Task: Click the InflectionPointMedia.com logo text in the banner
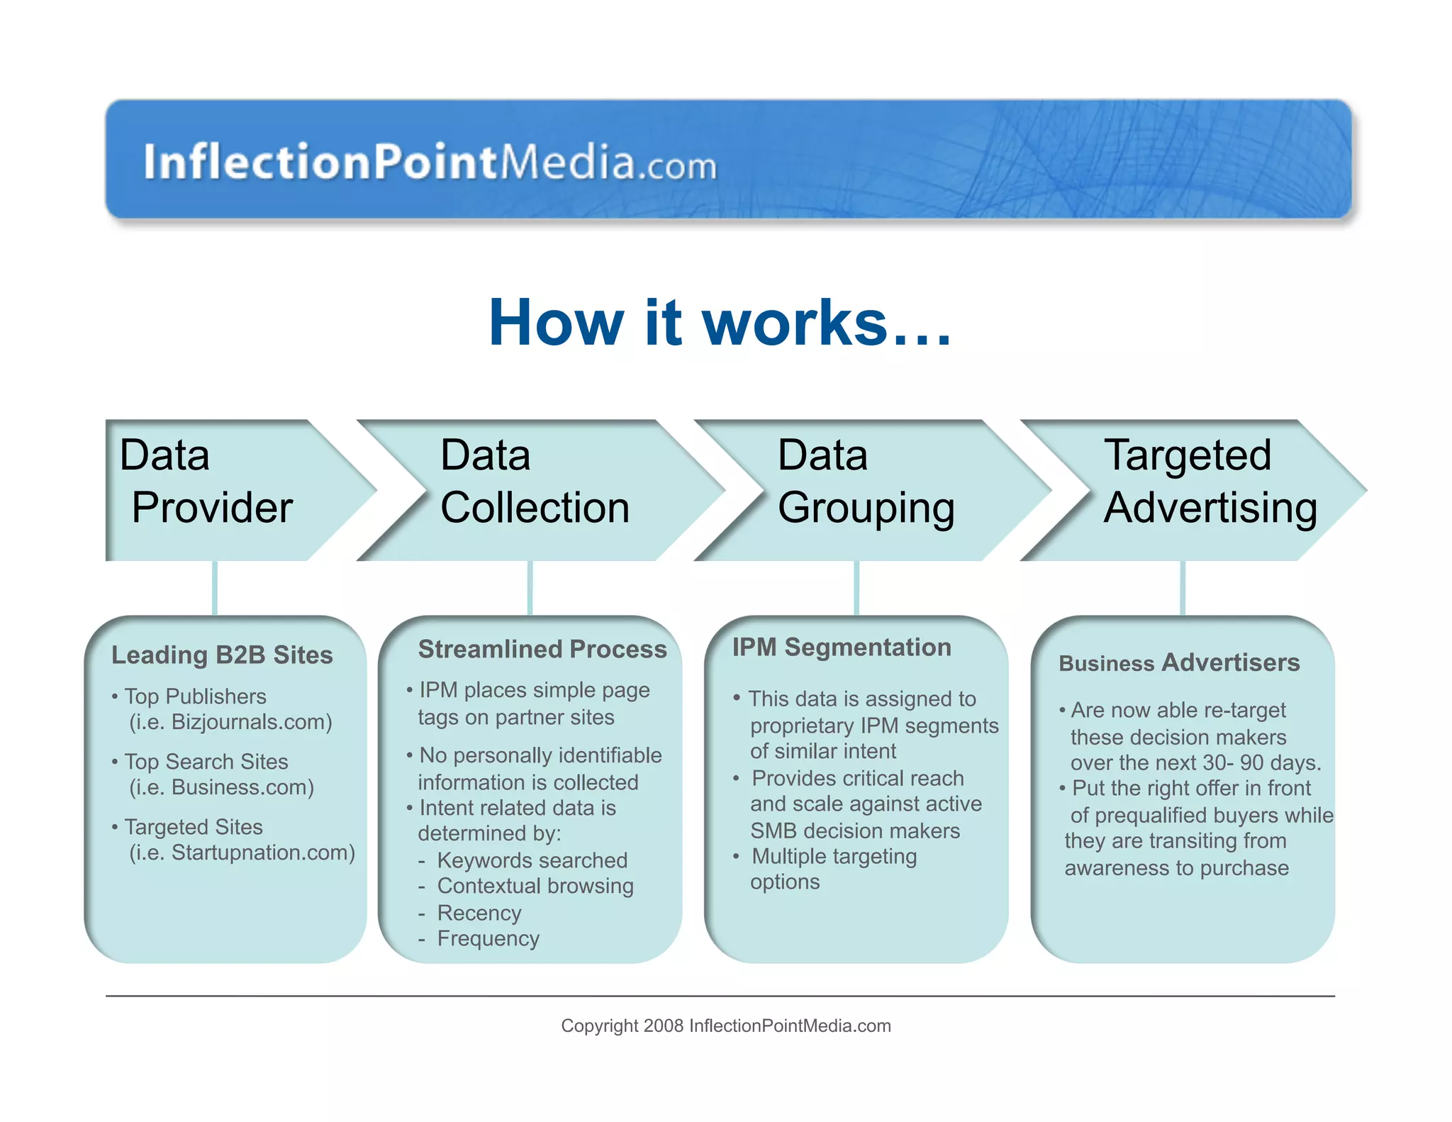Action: tap(430, 162)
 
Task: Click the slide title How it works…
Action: tap(719, 323)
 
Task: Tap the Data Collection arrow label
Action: tap(534, 482)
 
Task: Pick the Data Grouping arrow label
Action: tap(865, 482)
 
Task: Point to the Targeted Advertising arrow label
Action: tap(1210, 482)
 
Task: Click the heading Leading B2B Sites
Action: tap(222, 655)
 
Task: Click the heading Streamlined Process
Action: tap(542, 649)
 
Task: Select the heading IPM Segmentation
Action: tap(842, 647)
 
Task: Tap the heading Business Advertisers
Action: tap(1179, 662)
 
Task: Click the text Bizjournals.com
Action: tap(251, 722)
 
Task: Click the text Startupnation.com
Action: tap(262, 852)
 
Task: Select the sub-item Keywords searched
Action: tap(532, 860)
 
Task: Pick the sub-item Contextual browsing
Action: tap(535, 886)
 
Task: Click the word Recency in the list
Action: tap(479, 913)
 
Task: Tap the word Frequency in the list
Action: tap(488, 938)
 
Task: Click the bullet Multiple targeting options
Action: tap(833, 869)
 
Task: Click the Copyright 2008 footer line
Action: tap(725, 1026)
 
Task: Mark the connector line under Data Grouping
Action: tap(856, 588)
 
